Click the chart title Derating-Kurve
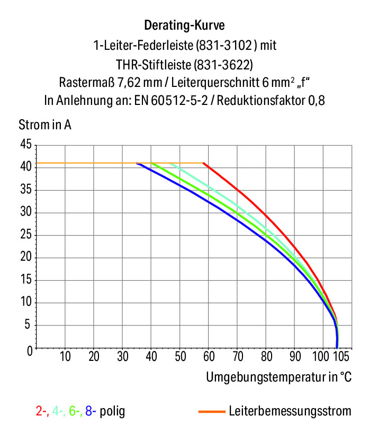click(184, 25)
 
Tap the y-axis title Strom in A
click(45, 125)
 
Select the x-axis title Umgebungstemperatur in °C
click(279, 377)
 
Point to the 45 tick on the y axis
click(26, 144)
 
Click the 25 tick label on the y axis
click(26, 235)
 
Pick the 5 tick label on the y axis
click(27, 324)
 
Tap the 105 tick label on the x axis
click(341, 356)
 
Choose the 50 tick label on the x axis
click(181, 356)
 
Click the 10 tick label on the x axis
click(65, 356)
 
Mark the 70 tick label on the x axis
click(238, 356)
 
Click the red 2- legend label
click(42, 411)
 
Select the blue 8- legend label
click(91, 411)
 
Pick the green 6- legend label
click(76, 411)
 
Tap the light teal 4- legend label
click(59, 411)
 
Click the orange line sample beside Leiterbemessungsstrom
click(212, 412)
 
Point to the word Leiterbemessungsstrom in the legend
click(290, 411)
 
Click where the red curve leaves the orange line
click(204, 163)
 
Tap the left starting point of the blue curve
click(137, 163)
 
